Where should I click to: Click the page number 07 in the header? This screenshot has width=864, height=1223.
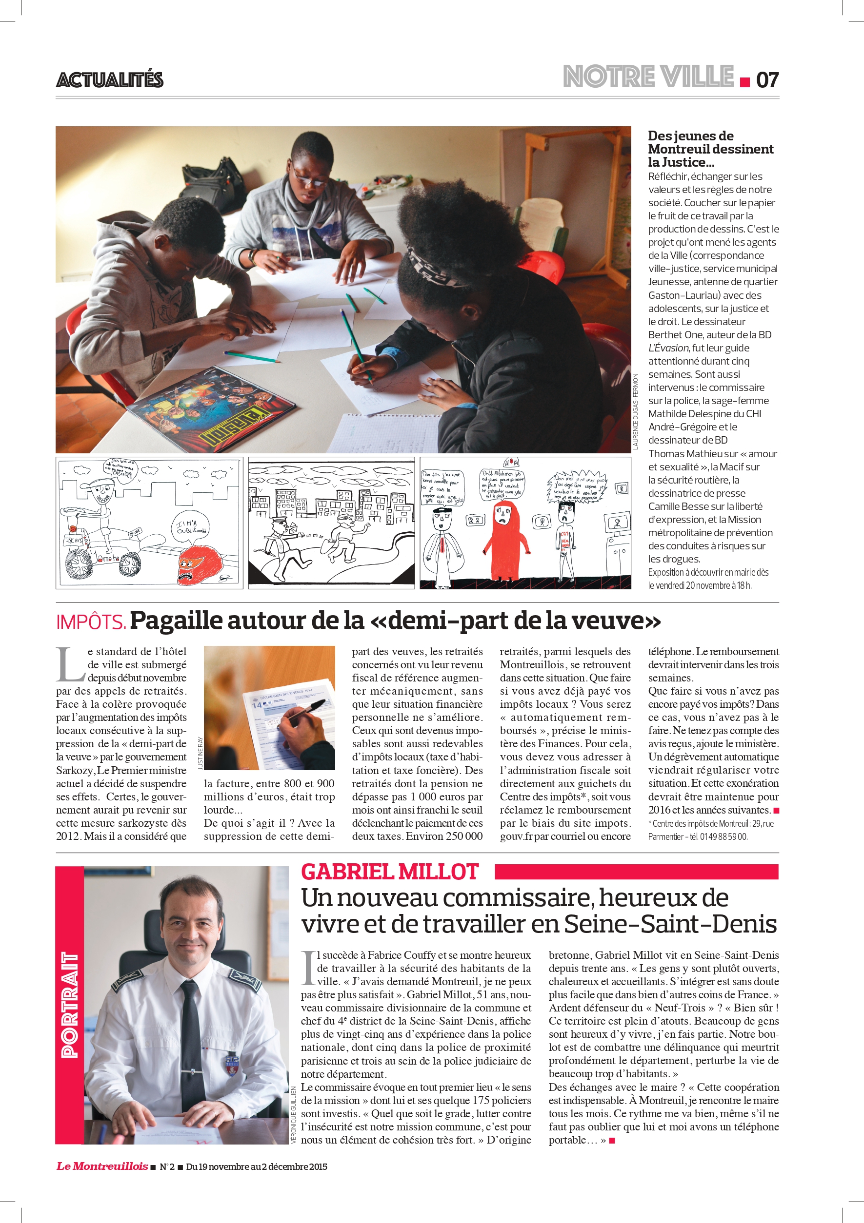767,80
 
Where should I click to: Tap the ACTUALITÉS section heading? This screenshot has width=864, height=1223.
110,80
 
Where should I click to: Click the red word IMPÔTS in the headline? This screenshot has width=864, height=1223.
91,621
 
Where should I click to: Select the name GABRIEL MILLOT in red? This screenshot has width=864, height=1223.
390,872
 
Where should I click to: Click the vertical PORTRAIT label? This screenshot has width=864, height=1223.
70,1005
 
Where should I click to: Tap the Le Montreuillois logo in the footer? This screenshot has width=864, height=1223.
102,1166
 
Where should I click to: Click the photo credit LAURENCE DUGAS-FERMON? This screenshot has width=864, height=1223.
635,412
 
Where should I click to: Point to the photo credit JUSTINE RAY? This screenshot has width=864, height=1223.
201,753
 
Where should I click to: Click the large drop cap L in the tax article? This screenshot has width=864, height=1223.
70,664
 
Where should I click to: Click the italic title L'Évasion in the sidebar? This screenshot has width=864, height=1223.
669,348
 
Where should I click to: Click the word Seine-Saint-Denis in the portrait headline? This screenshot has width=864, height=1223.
670,924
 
